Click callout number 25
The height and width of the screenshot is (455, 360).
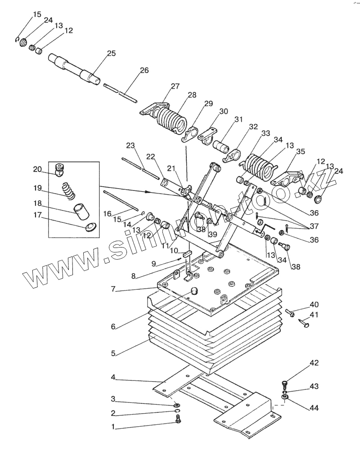[x=112, y=54]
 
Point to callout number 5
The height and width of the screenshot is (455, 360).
[x=113, y=353]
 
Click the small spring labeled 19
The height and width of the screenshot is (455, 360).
[x=70, y=191]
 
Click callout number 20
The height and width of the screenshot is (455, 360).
[x=37, y=169]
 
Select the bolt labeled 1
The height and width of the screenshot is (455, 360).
[x=178, y=418]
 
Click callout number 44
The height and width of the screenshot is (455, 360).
[x=314, y=408]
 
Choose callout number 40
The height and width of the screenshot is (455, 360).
[x=314, y=304]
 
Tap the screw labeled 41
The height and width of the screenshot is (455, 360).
[x=304, y=323]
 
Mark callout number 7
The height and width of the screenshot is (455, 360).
[x=113, y=289]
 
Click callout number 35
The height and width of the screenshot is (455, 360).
[x=301, y=151]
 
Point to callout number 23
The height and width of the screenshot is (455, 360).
[x=130, y=145]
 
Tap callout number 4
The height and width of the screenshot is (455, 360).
[x=113, y=377]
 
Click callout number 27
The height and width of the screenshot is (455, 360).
[x=175, y=86]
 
